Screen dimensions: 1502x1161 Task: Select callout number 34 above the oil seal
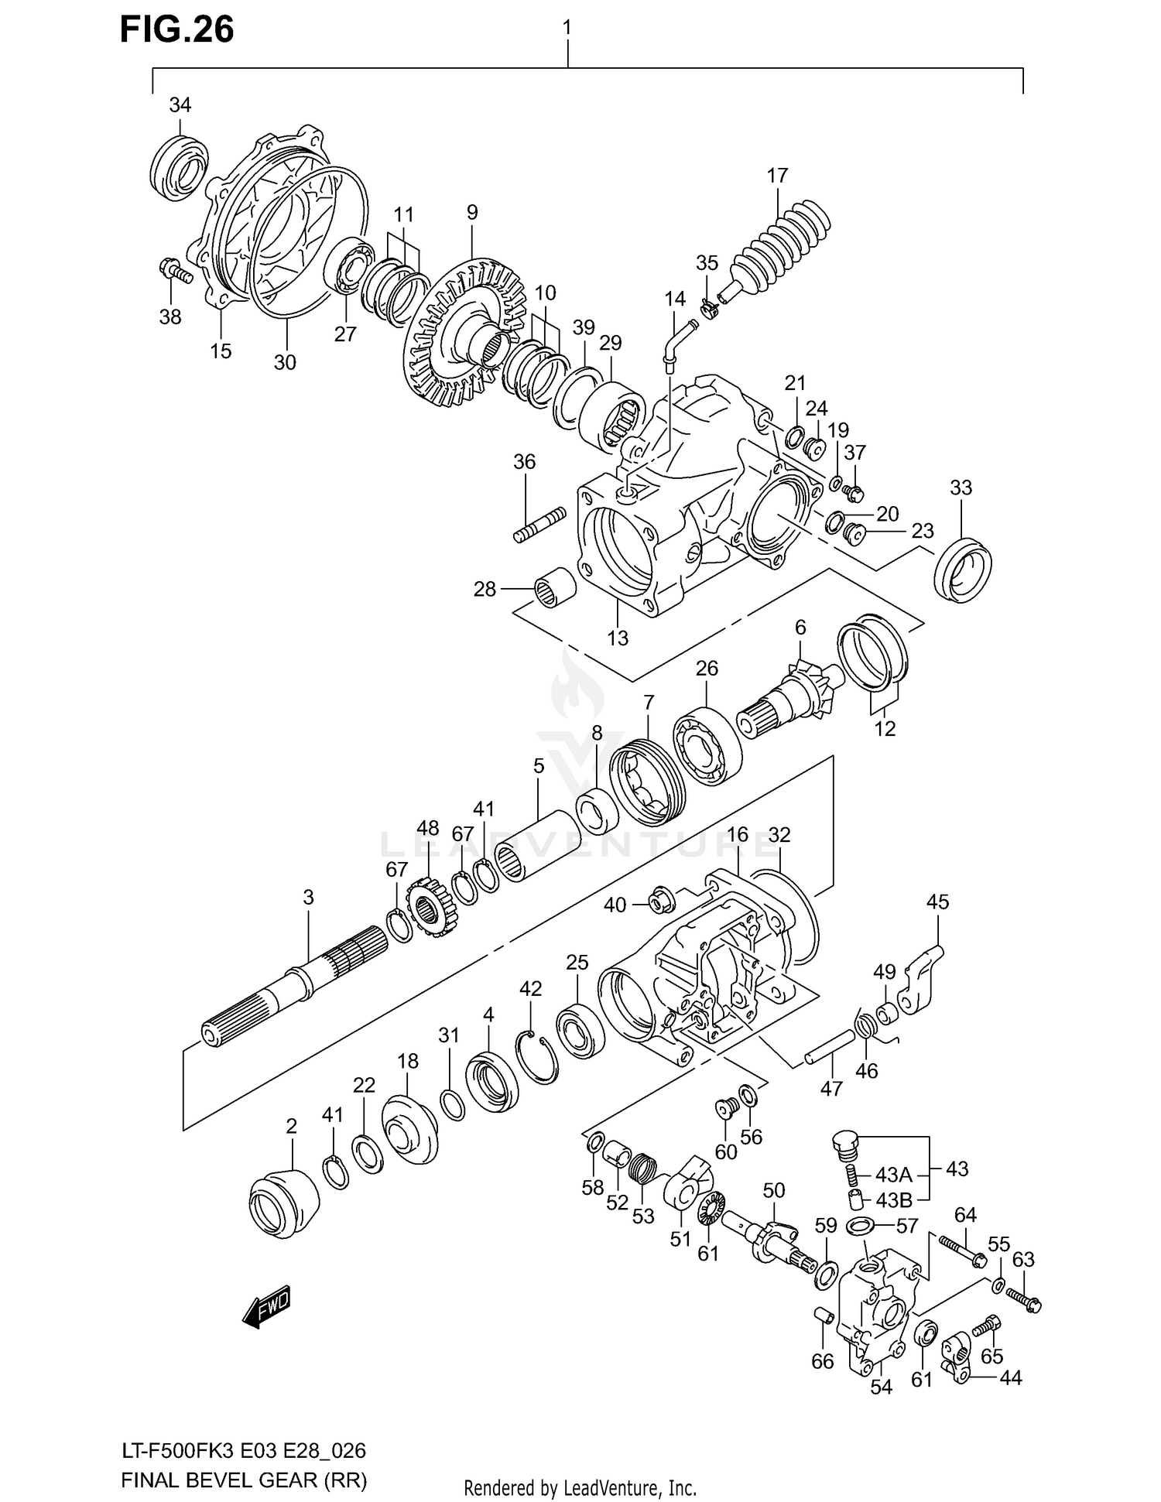(x=180, y=105)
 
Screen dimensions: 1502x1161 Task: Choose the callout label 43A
(x=893, y=1175)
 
